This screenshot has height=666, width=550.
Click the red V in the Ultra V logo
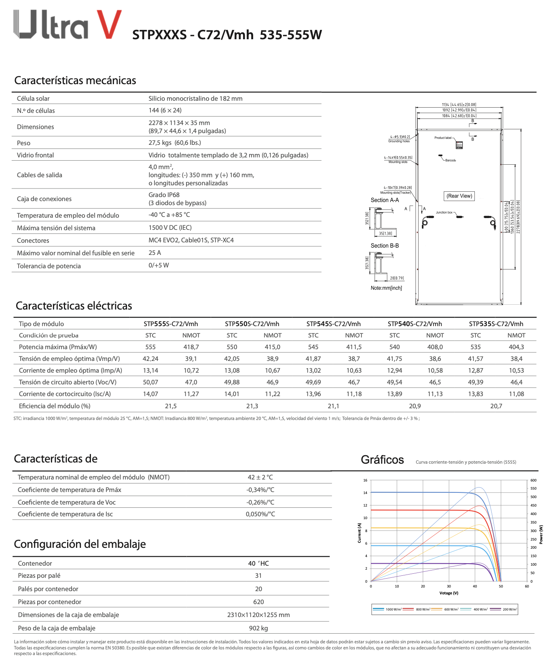109,24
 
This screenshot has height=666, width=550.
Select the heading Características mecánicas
75,81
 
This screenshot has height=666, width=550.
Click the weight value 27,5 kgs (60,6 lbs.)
175,143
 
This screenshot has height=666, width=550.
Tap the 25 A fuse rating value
154,253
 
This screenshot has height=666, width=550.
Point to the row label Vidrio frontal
35,155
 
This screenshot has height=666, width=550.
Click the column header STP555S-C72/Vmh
171,324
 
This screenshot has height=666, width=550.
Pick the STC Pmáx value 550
232,347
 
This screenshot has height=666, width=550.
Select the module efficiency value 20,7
496,406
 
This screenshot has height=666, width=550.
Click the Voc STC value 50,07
150,382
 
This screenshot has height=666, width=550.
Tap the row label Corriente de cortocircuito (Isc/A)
65,394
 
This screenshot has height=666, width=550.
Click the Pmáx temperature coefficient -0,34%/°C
260,490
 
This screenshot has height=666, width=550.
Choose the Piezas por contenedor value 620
258,602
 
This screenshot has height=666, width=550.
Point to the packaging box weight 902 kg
258,628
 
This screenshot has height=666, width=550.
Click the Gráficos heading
382,460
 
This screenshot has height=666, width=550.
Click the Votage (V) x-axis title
449,593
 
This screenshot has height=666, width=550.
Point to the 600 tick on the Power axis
533,481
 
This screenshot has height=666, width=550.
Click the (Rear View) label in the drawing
459,196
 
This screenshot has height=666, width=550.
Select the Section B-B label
385,246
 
